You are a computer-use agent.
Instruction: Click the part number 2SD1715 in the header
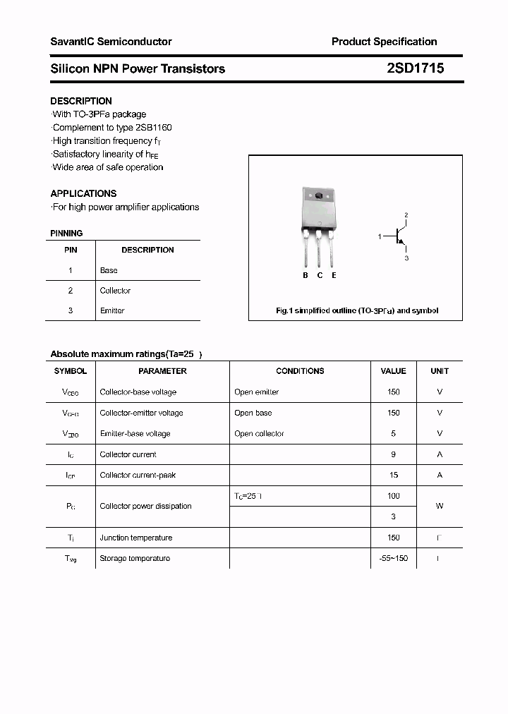pyautogui.click(x=415, y=68)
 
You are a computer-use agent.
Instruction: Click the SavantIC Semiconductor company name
pyautogui.click(x=111, y=42)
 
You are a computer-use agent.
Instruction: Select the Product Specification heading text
pyautogui.click(x=384, y=42)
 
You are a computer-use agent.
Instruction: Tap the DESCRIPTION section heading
pyautogui.click(x=81, y=101)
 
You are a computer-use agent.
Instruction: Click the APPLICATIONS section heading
pyautogui.click(x=83, y=193)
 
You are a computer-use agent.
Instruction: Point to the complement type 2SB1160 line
pyautogui.click(x=112, y=128)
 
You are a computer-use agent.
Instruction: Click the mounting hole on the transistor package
pyautogui.click(x=318, y=195)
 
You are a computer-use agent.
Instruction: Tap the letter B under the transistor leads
pyautogui.click(x=306, y=275)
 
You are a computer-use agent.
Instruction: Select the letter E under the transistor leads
pyautogui.click(x=334, y=275)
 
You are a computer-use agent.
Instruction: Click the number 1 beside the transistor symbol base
pyautogui.click(x=380, y=236)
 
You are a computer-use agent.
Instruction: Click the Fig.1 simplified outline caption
pyautogui.click(x=356, y=310)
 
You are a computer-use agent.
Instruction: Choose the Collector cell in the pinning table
pyautogui.click(x=115, y=291)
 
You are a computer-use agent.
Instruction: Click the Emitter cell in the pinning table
pyautogui.click(x=112, y=310)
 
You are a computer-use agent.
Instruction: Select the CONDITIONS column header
pyautogui.click(x=300, y=371)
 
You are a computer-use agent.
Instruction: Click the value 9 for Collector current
pyautogui.click(x=393, y=454)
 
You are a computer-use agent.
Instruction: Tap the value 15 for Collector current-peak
pyautogui.click(x=393, y=476)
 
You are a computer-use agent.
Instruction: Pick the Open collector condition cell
pyautogui.click(x=259, y=434)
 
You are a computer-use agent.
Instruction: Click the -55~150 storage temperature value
pyautogui.click(x=393, y=558)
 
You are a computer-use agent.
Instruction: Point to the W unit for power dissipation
pyautogui.click(x=439, y=506)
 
